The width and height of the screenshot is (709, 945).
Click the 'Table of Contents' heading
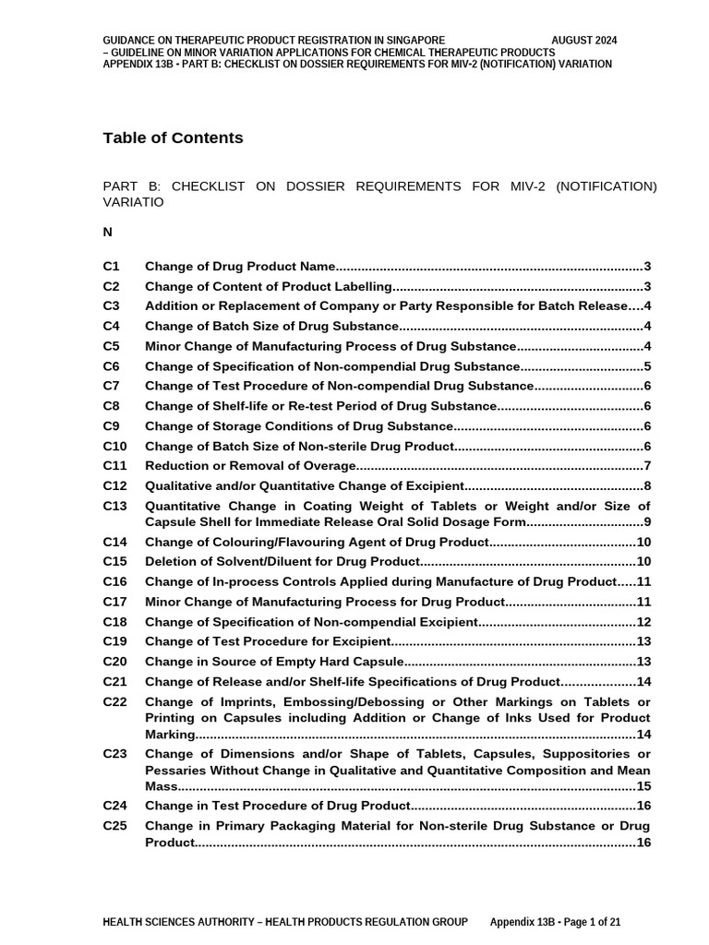point(173,138)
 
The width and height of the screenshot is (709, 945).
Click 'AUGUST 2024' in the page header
point(583,41)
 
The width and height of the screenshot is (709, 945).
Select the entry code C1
point(111,266)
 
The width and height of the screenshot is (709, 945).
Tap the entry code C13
point(114,506)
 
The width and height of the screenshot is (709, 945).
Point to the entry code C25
point(114,826)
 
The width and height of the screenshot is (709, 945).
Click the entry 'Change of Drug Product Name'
point(240,266)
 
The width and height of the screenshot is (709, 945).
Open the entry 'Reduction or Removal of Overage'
point(249,466)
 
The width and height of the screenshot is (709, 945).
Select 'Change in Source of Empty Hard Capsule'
point(275,662)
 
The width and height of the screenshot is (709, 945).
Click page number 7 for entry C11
point(648,466)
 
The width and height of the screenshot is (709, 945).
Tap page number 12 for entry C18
point(644,622)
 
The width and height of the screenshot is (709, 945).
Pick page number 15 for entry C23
point(644,787)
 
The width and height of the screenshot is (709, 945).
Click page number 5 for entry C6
point(648,366)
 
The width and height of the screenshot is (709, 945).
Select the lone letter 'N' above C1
point(108,233)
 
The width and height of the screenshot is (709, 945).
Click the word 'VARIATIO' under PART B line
point(133,202)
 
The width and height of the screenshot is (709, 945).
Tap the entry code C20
point(114,662)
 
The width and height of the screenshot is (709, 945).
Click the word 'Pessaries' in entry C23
point(174,771)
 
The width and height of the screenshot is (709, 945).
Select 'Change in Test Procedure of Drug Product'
point(277,807)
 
